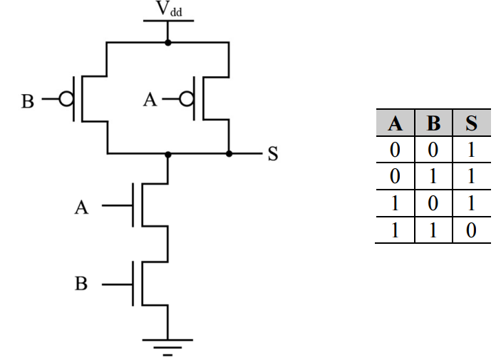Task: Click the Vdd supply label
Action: (x=169, y=9)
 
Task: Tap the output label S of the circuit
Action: (x=273, y=154)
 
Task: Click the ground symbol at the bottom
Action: (x=167, y=348)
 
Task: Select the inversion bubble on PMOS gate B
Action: (x=66, y=99)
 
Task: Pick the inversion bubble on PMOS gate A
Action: (x=187, y=99)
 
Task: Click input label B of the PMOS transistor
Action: (x=28, y=101)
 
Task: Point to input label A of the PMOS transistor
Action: (x=150, y=100)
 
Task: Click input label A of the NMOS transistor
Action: (x=82, y=208)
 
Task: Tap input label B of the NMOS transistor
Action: (x=81, y=283)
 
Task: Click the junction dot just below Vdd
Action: (x=168, y=42)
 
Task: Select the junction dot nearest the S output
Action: (x=229, y=154)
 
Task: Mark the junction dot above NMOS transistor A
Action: (x=168, y=155)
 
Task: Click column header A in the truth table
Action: (x=395, y=123)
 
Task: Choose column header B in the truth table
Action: (x=433, y=123)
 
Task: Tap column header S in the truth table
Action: (x=471, y=123)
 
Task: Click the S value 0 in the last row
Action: (x=471, y=230)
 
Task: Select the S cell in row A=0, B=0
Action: (x=471, y=150)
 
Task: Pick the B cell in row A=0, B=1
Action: (x=433, y=177)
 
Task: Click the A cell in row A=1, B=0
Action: (x=395, y=203)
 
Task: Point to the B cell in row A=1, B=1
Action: (x=433, y=230)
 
